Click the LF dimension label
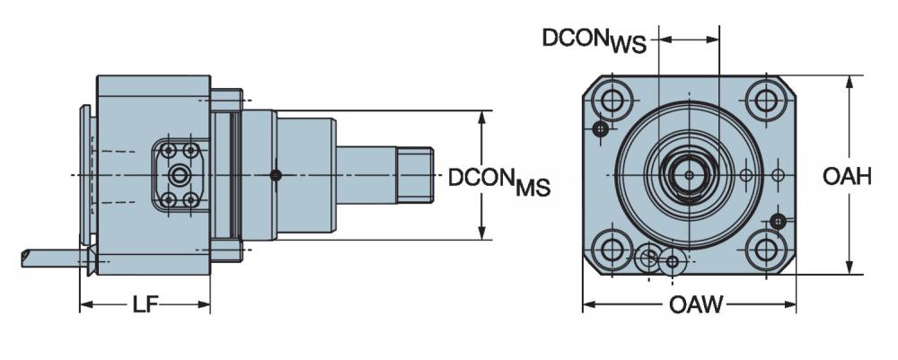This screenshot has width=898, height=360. [x=145, y=304]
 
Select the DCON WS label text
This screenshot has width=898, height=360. [x=594, y=40]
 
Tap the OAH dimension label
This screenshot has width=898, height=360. [x=847, y=176]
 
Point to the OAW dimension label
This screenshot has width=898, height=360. [x=696, y=304]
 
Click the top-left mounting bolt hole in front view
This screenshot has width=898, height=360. [x=612, y=101]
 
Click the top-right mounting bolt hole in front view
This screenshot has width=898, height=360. [x=766, y=101]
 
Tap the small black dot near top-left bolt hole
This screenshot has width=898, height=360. [x=600, y=128]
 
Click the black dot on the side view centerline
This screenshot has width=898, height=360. [x=276, y=175]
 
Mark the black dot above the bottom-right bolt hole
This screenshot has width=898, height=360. [x=777, y=220]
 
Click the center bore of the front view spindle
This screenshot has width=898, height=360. [x=689, y=175]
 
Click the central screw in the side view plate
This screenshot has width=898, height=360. [x=180, y=175]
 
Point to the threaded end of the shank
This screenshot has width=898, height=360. [x=415, y=175]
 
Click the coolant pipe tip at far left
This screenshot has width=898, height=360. [x=25, y=259]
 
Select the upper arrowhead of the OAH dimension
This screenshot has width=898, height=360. [x=850, y=82]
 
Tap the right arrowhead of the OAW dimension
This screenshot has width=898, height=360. [x=789, y=304]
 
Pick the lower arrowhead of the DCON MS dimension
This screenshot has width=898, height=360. [x=482, y=233]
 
